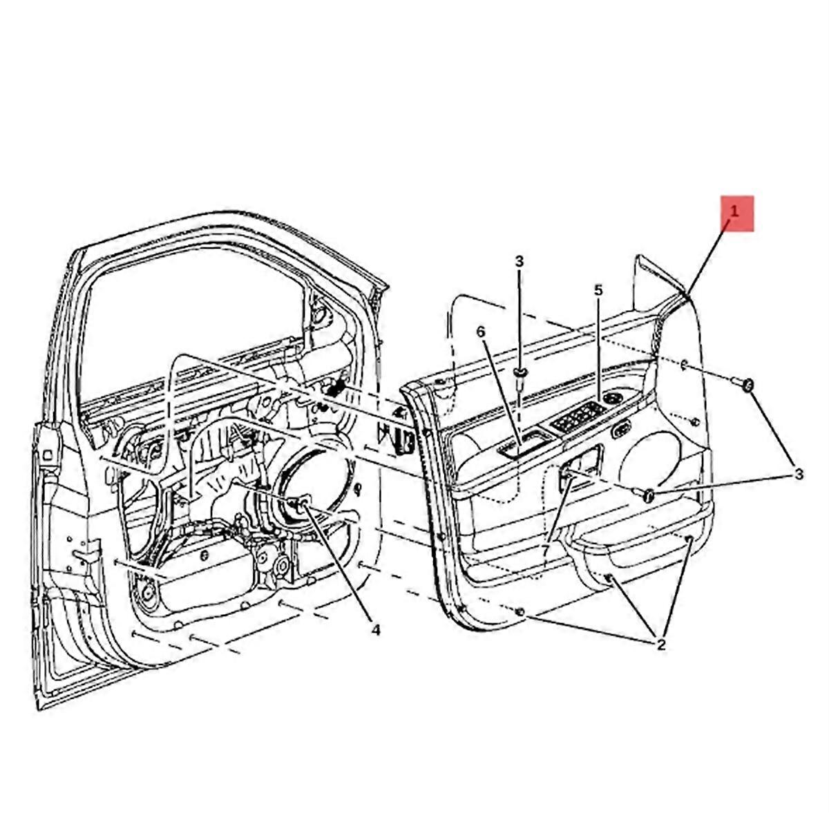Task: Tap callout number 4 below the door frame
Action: click(x=376, y=630)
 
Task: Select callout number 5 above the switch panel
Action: click(x=598, y=290)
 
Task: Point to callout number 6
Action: click(x=481, y=332)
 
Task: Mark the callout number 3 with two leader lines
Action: click(x=798, y=474)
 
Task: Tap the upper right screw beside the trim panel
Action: click(x=743, y=383)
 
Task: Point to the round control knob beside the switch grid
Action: click(x=611, y=399)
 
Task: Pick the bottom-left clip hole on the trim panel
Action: click(x=520, y=611)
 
